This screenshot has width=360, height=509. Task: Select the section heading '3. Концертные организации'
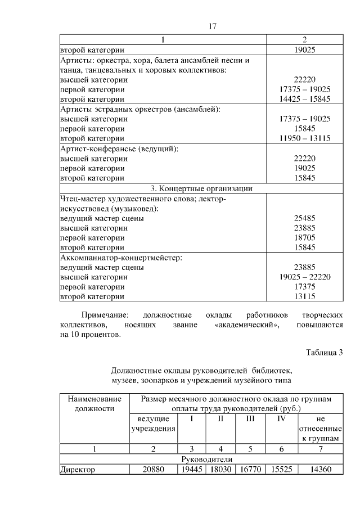[x=201, y=188]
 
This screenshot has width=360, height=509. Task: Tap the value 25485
[x=304, y=218]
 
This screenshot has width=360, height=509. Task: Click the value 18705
[x=304, y=238]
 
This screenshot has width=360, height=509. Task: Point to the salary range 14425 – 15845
[x=304, y=99]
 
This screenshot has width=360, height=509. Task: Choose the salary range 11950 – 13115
[x=304, y=138]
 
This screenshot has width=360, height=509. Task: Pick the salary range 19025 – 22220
[x=304, y=277]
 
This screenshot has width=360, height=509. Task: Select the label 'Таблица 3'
[x=324, y=353]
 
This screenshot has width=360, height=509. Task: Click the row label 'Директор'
[x=78, y=469]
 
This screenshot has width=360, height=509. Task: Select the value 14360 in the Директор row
[x=320, y=469]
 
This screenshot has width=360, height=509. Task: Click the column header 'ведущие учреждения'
[x=153, y=424]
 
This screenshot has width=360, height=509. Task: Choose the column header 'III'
[x=250, y=419]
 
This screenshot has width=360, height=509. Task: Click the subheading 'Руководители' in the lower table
[x=201, y=459]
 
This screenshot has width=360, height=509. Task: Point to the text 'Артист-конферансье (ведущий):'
[x=119, y=149]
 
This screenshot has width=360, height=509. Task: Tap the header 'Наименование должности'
[x=94, y=404]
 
